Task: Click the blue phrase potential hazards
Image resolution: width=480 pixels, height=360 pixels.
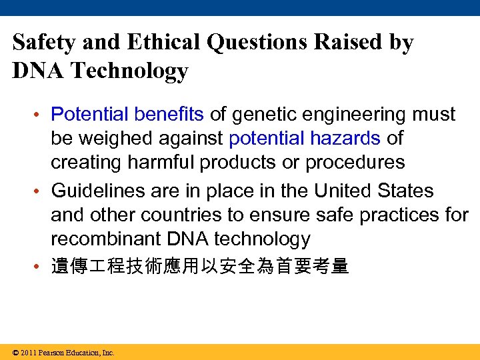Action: click(305, 139)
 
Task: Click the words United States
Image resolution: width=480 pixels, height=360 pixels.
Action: click(373, 191)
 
